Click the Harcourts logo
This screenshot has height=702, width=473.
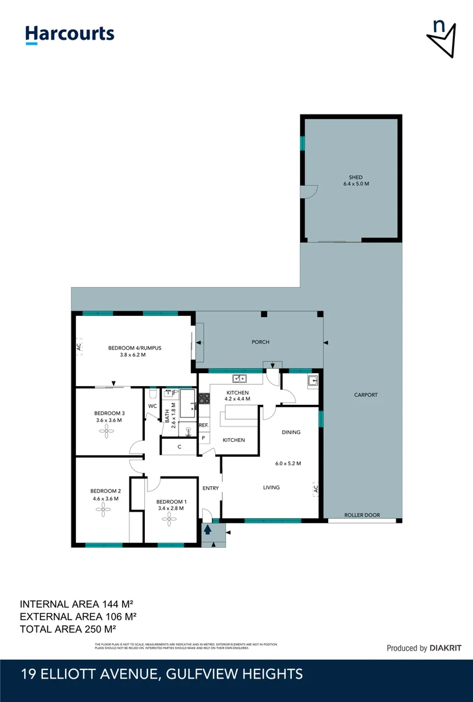[70, 34]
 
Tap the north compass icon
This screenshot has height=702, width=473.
[441, 38]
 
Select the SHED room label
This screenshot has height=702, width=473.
[355, 177]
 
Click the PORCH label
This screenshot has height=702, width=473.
[261, 342]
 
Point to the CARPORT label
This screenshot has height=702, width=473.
[366, 395]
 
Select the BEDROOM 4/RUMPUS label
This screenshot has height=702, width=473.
[134, 348]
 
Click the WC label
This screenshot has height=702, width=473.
[153, 406]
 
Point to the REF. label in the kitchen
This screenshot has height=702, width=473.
[203, 425]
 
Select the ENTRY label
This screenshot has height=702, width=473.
[211, 488]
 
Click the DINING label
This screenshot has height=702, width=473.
[290, 432]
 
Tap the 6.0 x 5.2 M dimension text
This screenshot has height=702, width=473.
[288, 463]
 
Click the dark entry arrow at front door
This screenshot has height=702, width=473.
[208, 530]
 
